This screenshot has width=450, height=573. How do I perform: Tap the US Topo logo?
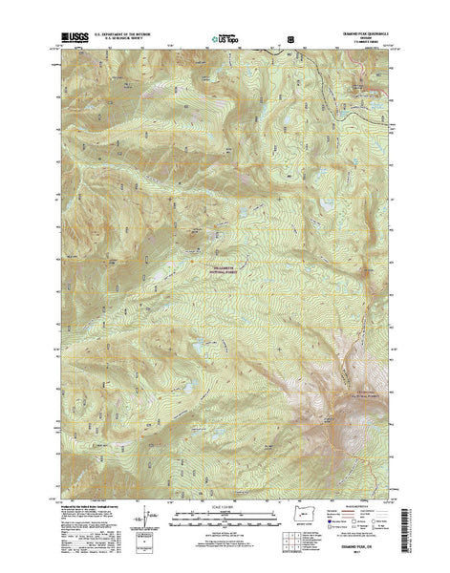[x=225, y=40]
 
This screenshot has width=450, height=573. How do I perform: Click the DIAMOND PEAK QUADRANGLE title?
[x=356, y=37]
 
